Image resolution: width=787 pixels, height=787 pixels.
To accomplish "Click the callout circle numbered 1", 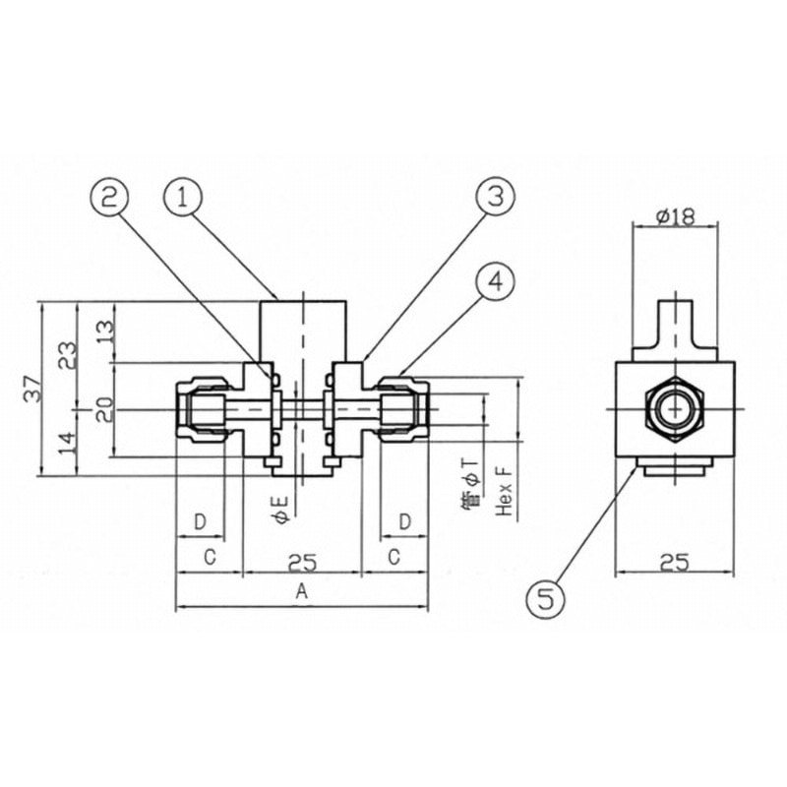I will [x=183, y=197].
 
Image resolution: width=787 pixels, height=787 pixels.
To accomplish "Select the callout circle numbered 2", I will [x=112, y=197].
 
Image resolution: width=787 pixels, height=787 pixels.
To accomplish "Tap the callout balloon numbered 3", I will [x=494, y=198].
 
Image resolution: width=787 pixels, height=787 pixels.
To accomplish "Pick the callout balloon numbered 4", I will [x=495, y=282].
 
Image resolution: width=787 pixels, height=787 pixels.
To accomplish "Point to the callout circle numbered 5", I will [x=547, y=597].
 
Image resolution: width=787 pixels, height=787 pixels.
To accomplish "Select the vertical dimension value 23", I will [x=67, y=353].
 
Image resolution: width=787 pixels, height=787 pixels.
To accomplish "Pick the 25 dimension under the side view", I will [x=673, y=561].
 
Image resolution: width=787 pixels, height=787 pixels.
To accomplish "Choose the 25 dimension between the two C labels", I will [x=301, y=561].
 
